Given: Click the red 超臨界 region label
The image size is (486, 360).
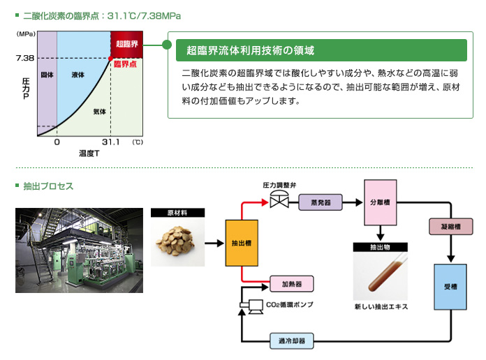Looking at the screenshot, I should tap(126, 44).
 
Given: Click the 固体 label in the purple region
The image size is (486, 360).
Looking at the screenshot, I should tap(47, 74).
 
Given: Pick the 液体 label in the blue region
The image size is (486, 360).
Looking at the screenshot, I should tap(78, 74).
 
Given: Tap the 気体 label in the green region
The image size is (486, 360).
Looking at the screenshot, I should tap(99, 111).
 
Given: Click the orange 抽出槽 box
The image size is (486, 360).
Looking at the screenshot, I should tap(242, 243).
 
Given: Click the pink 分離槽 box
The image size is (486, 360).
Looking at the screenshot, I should tap(380, 202).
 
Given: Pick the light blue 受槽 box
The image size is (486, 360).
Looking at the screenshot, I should tap(450, 287).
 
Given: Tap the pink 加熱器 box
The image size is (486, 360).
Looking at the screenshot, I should tap(291, 285).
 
